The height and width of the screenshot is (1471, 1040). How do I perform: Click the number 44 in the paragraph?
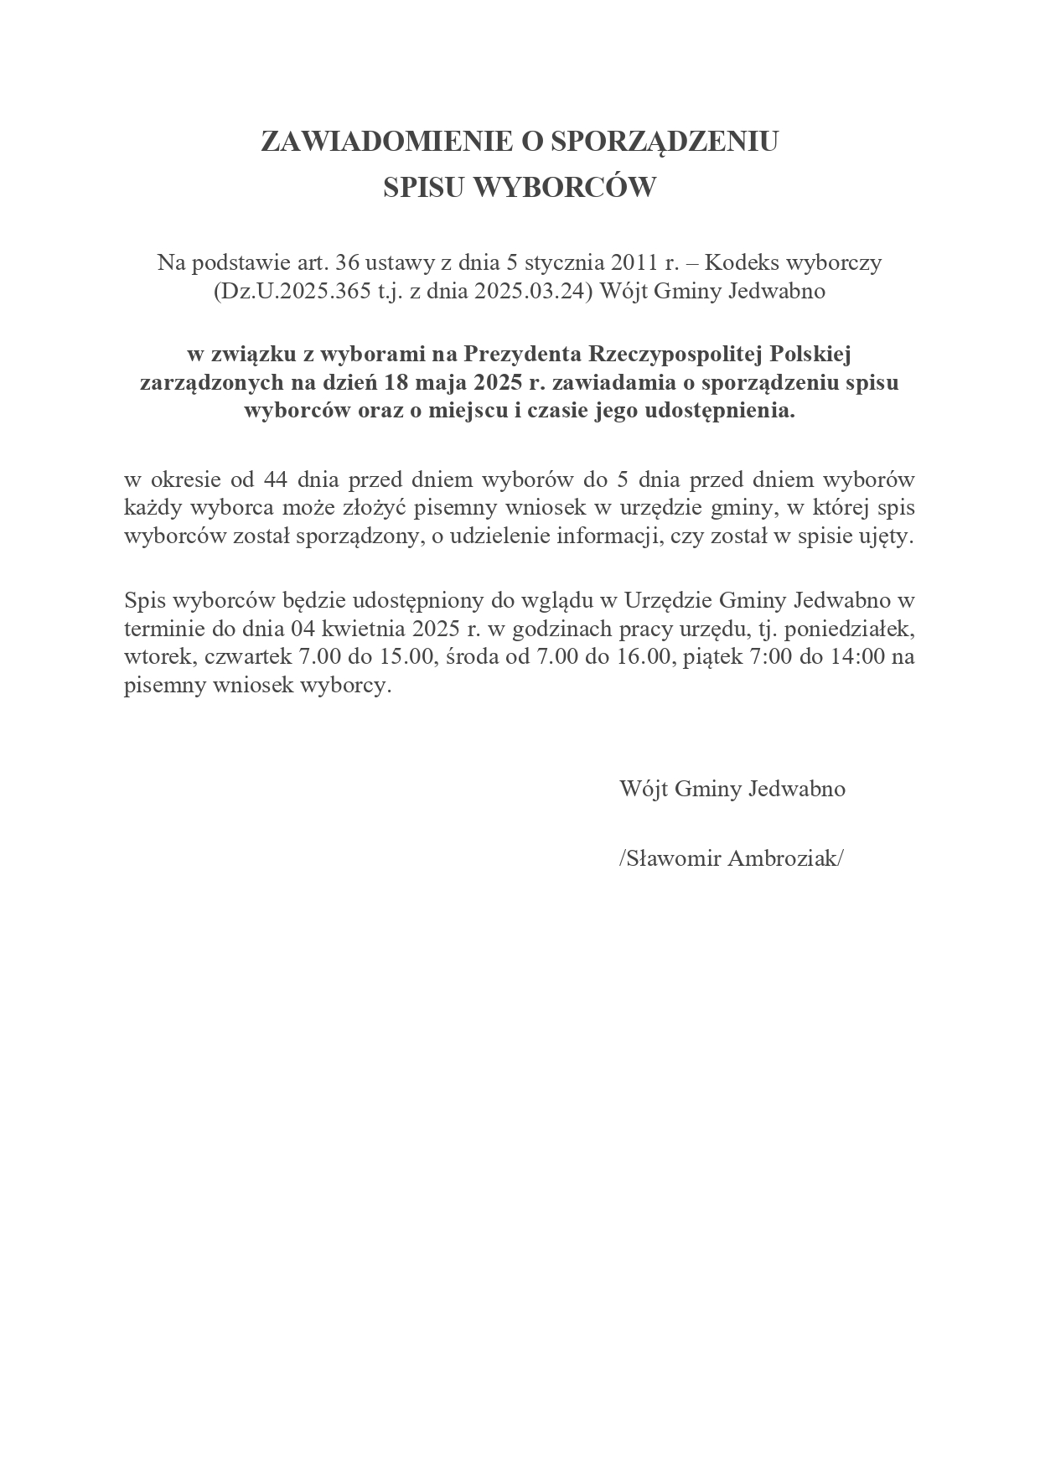tap(276, 479)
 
